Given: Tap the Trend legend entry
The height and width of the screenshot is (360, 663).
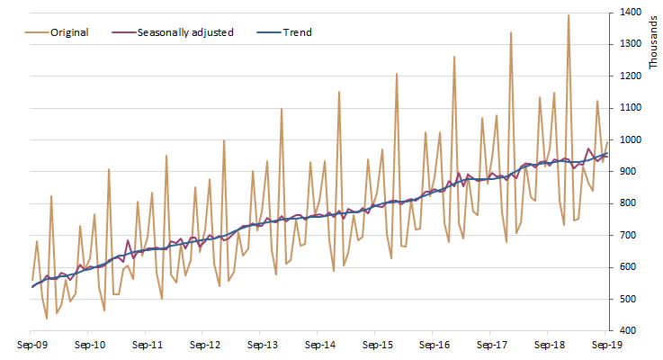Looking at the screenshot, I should click(297, 32).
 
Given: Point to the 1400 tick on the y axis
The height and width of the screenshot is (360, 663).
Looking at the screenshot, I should click(629, 13).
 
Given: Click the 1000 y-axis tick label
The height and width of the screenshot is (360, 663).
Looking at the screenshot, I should click(629, 140).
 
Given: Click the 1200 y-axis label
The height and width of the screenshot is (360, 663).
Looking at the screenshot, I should click(629, 76).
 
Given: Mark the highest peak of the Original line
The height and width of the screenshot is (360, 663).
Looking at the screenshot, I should click(569, 14).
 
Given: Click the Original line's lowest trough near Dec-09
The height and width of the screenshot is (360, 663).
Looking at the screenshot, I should click(47, 319).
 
